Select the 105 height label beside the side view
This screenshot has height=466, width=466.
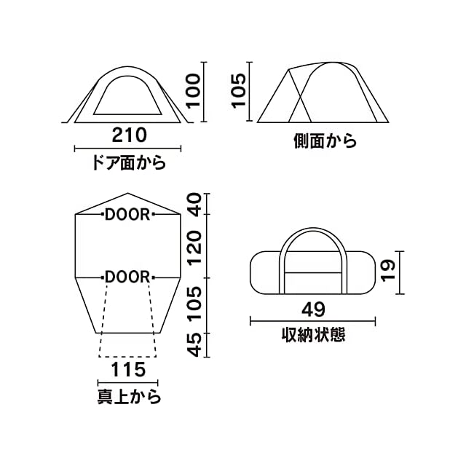click(241, 91)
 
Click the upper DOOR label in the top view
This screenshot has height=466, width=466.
click(127, 214)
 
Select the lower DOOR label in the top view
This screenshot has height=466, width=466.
click(127, 277)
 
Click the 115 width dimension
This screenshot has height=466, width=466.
click(127, 369)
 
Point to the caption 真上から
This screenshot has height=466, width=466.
click(129, 398)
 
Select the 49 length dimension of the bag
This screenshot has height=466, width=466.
click(314, 309)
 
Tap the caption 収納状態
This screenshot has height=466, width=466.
click(314, 336)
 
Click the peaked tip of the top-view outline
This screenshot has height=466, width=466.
click(128, 194)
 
